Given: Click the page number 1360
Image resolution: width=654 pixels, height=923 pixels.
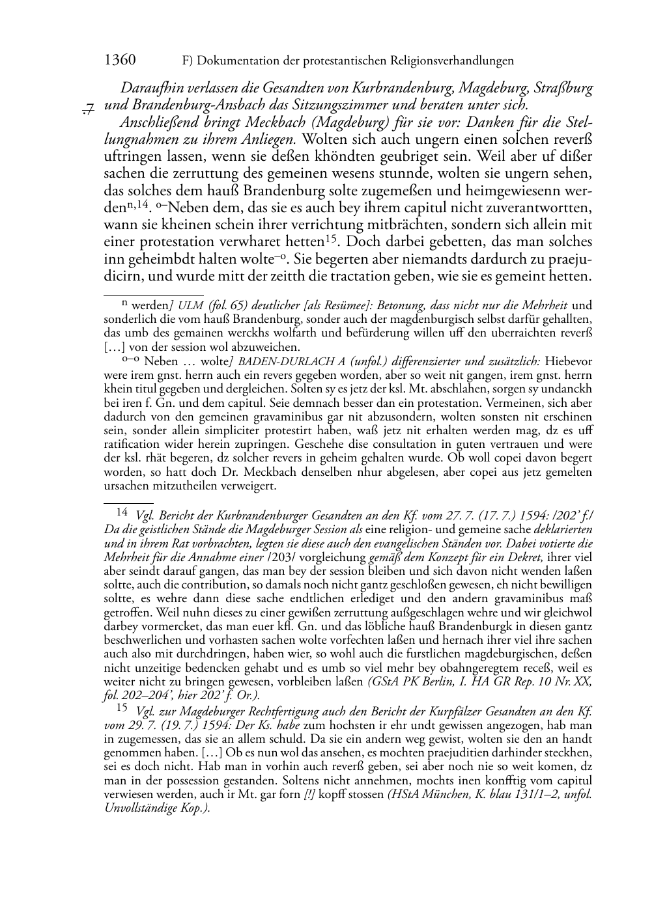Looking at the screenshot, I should [x=120, y=61].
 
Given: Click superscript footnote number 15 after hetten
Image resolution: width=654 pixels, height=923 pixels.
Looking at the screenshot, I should [x=330, y=238].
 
